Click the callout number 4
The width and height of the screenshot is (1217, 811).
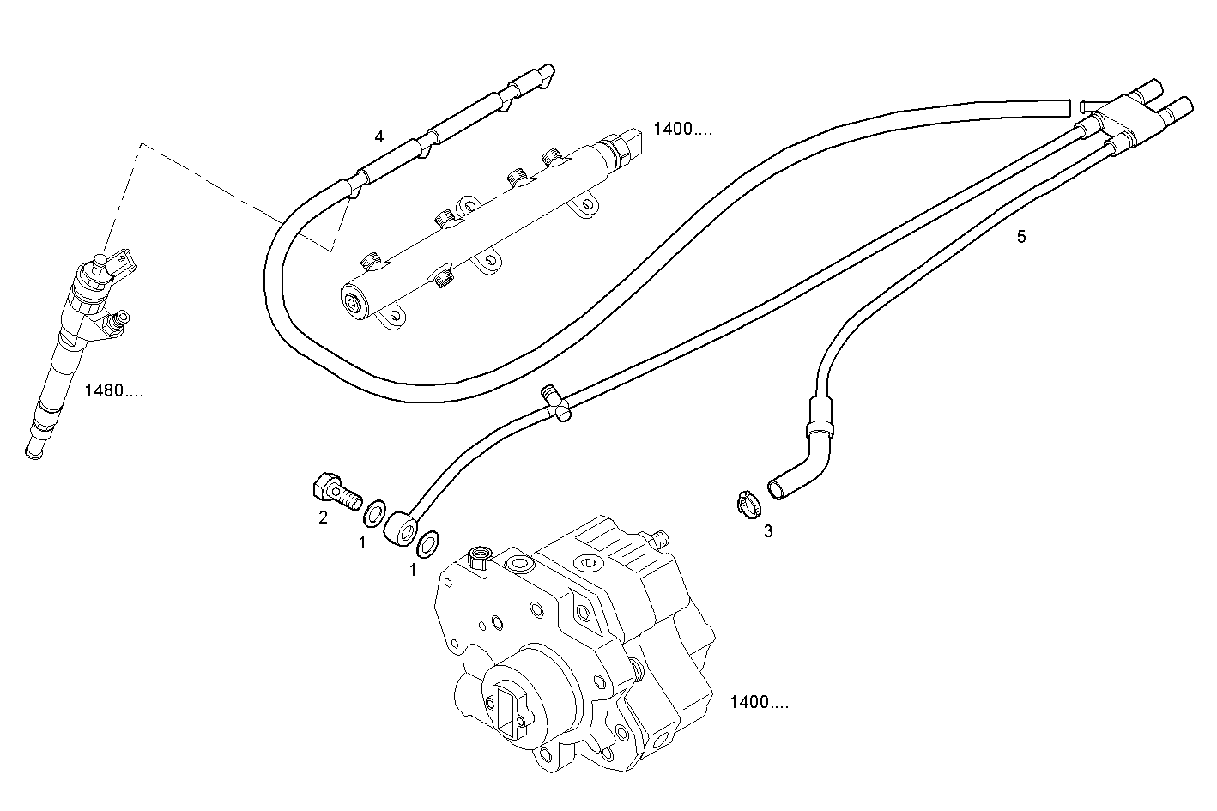(x=379, y=136)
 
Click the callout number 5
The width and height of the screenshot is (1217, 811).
(x=1021, y=237)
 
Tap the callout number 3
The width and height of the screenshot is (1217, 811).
(x=768, y=531)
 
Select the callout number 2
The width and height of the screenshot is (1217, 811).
(x=324, y=517)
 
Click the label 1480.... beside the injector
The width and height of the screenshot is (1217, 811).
(x=114, y=391)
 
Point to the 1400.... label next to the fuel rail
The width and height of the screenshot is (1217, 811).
(x=682, y=130)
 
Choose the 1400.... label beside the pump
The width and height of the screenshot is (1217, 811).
(x=759, y=702)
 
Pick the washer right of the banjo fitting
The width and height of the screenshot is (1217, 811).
(x=427, y=543)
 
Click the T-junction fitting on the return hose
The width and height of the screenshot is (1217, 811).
(x=555, y=402)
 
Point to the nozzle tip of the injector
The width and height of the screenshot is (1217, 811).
(x=34, y=452)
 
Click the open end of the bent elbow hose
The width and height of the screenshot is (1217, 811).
(x=776, y=489)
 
